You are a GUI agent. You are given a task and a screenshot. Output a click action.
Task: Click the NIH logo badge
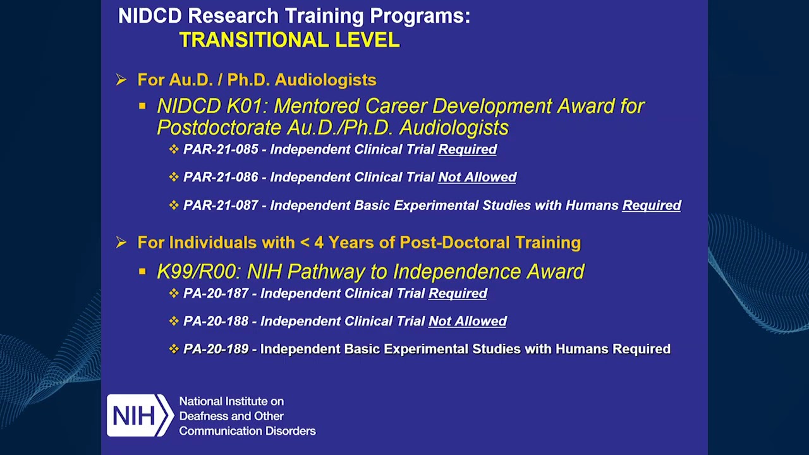[139, 415]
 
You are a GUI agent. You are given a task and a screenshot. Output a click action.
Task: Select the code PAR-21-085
[221, 150]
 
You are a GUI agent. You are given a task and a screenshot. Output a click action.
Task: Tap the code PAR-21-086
[221, 178]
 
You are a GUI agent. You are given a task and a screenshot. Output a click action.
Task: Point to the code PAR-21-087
[221, 205]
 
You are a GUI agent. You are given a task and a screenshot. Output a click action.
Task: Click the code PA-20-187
[216, 294]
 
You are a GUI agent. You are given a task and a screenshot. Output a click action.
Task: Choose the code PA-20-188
[216, 322]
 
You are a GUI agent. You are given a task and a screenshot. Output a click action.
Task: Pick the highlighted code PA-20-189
[216, 349]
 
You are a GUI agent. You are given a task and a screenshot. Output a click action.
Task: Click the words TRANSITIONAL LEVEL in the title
[289, 40]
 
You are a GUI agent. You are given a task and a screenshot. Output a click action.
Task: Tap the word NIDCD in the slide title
[150, 16]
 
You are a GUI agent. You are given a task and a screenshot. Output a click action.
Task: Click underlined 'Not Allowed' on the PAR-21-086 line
[477, 178]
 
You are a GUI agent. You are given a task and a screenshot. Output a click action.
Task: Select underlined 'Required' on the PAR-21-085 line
[467, 150]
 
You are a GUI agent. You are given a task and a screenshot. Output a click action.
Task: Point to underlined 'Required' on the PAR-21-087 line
[651, 205]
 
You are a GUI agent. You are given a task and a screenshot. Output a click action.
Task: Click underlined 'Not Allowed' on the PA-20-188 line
[467, 322]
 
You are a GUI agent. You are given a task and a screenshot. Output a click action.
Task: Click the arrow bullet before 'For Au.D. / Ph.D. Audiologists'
[121, 80]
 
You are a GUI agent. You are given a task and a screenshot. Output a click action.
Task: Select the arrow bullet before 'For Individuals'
[121, 243]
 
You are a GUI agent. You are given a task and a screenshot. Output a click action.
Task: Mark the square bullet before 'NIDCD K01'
[143, 107]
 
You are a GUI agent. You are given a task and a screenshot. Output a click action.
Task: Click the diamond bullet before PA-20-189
[174, 349]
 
